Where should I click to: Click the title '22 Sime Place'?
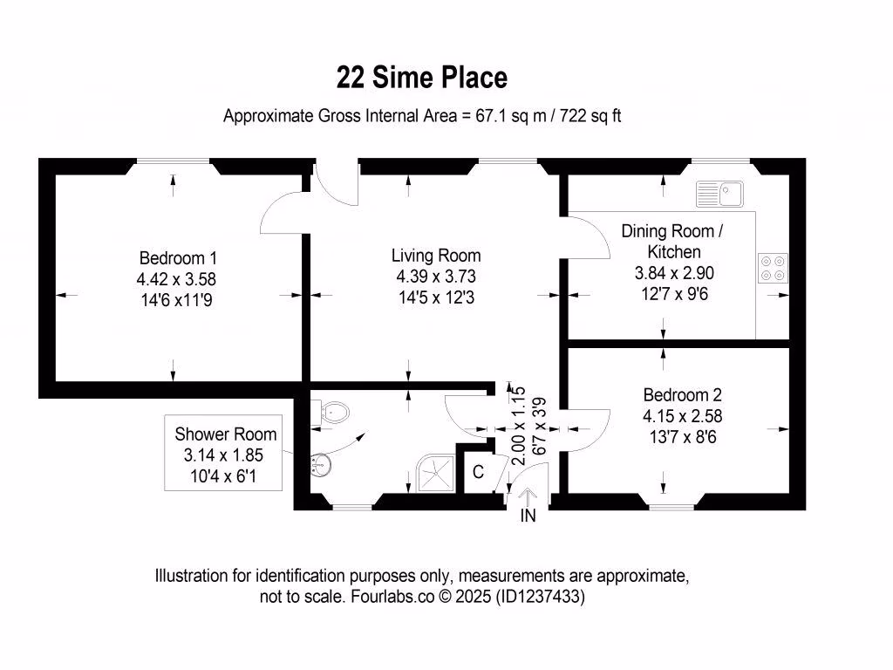[x=421, y=78]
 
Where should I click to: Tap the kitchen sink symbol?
[x=719, y=194]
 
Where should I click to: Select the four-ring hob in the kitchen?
[x=773, y=269]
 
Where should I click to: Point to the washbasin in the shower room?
[x=321, y=464]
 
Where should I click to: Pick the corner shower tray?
[x=436, y=472]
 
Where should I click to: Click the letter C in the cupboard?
[x=479, y=472]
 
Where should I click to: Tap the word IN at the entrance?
[x=528, y=516]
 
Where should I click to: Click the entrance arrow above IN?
[x=528, y=497]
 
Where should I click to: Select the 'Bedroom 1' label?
[x=178, y=258]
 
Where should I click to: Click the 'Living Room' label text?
[x=436, y=256]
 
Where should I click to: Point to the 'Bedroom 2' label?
[x=682, y=395]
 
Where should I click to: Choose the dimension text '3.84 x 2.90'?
[x=674, y=273]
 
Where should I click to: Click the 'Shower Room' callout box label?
[x=226, y=434]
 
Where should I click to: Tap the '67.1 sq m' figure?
[x=511, y=116]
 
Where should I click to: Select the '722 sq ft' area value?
[x=590, y=116]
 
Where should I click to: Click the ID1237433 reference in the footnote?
[x=540, y=597]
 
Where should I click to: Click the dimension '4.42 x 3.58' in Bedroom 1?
[x=176, y=279]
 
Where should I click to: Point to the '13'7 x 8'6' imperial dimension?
[x=683, y=437]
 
